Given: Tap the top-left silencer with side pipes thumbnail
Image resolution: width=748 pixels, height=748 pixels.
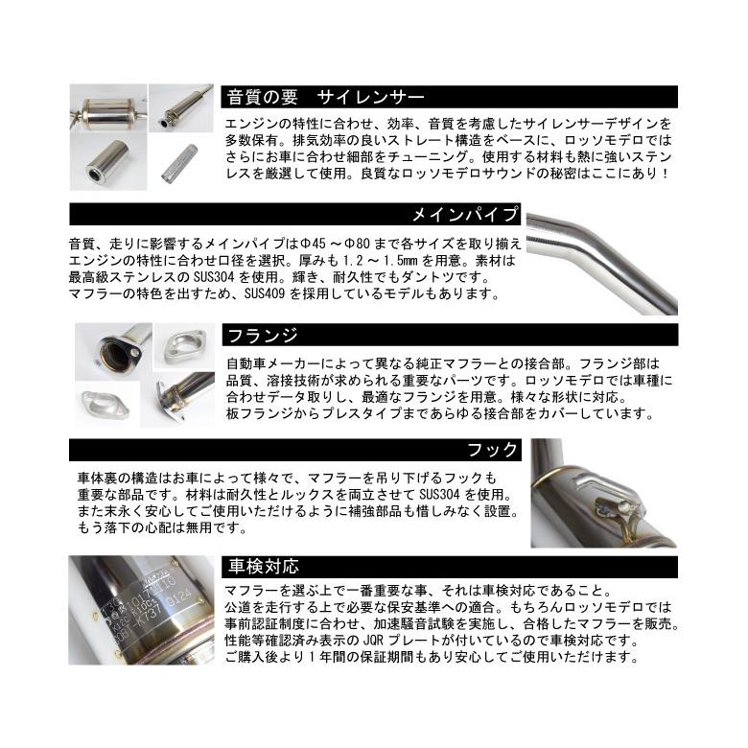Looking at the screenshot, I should click(x=107, y=112).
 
